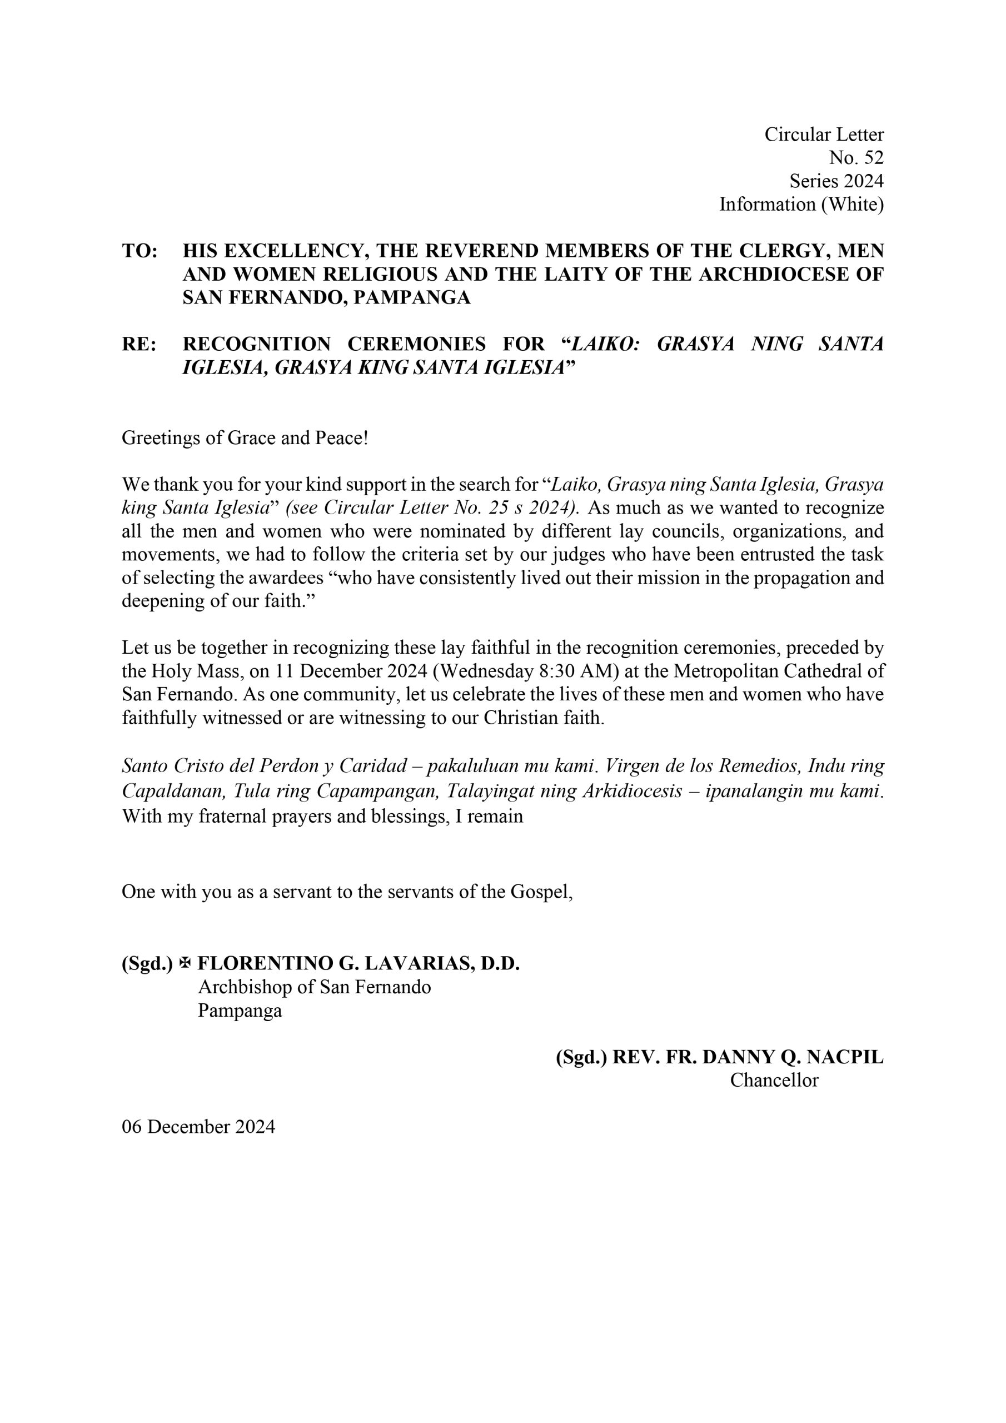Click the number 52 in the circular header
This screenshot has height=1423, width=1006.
873,157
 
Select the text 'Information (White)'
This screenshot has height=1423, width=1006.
801,204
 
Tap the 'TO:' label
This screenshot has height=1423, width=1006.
140,251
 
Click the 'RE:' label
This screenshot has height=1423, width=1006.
139,344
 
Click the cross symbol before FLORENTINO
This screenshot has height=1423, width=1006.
184,963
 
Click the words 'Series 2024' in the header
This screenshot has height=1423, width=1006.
836,181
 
